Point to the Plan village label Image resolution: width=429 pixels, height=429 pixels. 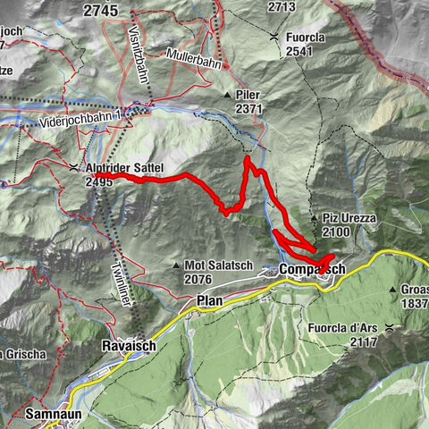point(208,301)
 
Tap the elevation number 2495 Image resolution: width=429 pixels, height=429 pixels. point(101,181)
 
